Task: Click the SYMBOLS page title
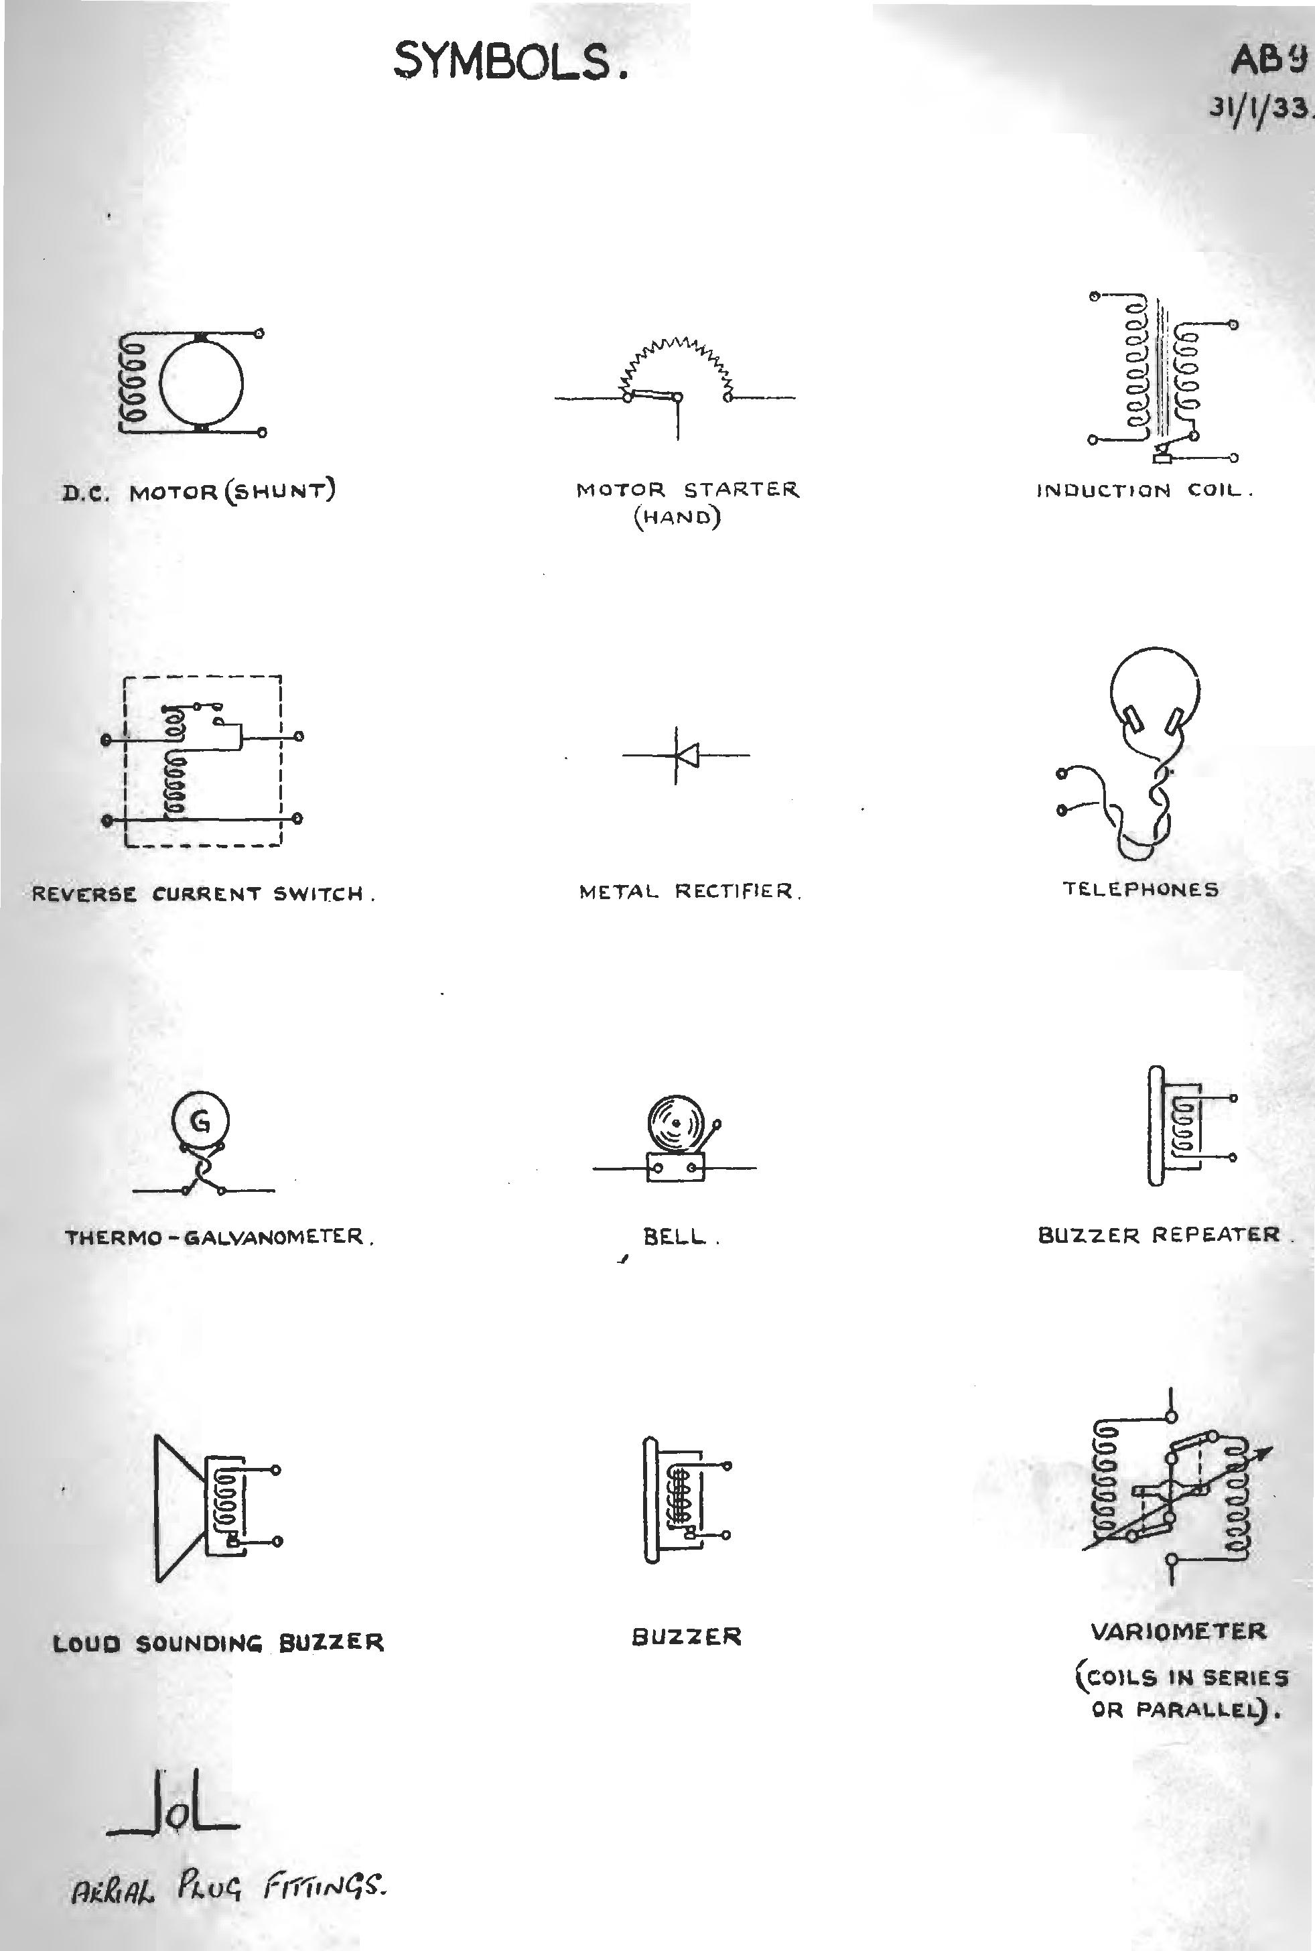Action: pos(510,63)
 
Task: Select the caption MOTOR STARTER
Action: pos(688,490)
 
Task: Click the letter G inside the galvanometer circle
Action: pos(200,1121)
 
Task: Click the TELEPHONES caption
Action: pos(1141,889)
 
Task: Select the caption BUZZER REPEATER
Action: pos(1160,1235)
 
